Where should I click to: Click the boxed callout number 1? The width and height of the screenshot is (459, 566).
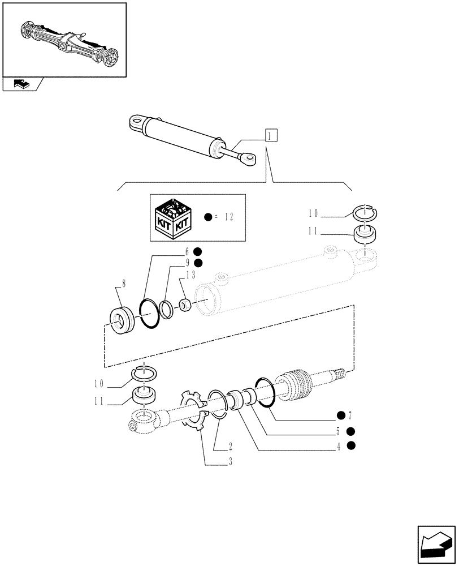point(271,136)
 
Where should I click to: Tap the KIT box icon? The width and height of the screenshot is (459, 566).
point(175,217)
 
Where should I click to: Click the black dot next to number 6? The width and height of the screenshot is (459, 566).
point(197,252)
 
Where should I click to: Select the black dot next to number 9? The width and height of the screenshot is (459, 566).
point(197,263)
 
